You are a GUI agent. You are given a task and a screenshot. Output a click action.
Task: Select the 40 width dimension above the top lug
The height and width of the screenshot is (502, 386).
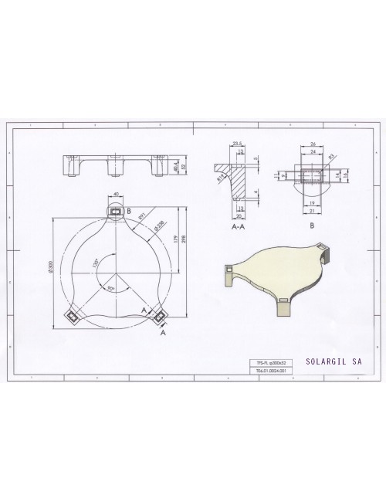(x=117, y=195)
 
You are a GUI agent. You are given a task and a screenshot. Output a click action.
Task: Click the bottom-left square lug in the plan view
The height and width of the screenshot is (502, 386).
(x=72, y=314)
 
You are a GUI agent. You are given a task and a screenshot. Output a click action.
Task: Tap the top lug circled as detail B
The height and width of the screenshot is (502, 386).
(x=117, y=210)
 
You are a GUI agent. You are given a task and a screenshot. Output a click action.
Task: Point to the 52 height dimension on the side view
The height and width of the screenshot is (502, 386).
(x=185, y=165)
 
